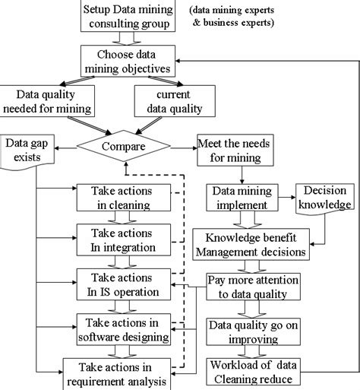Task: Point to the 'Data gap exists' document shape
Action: (24, 151)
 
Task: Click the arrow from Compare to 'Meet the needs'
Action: (182, 144)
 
